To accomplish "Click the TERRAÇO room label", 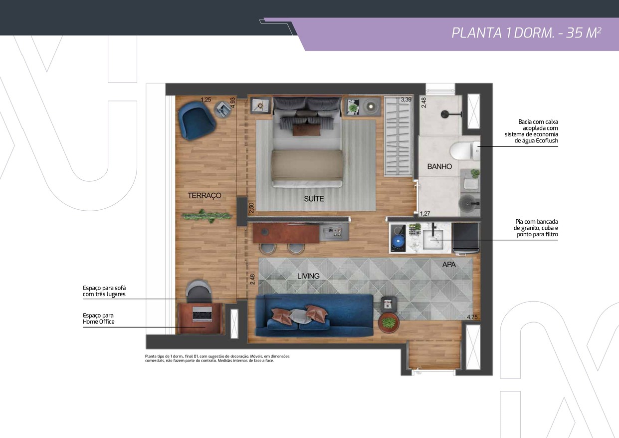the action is pyautogui.click(x=205, y=196).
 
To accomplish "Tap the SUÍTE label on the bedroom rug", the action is pyautogui.click(x=314, y=199).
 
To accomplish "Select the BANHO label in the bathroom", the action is pyautogui.click(x=439, y=167).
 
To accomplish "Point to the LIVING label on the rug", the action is pyautogui.click(x=308, y=276).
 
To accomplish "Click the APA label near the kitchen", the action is pyautogui.click(x=449, y=265).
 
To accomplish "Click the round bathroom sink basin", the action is pyautogui.click(x=468, y=203).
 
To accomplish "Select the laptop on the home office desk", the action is pyautogui.click(x=203, y=314).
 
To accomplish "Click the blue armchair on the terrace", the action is pyautogui.click(x=197, y=120).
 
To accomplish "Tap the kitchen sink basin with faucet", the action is pyautogui.click(x=433, y=239).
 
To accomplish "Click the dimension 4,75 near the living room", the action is pyautogui.click(x=472, y=317).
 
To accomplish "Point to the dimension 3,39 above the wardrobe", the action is pyautogui.click(x=406, y=99).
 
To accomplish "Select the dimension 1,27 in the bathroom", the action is pyautogui.click(x=425, y=213).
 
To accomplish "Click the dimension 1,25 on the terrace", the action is pyautogui.click(x=206, y=99).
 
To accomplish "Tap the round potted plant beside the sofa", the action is pyautogui.click(x=388, y=323).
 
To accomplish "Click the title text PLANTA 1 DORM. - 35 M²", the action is pyautogui.click(x=526, y=33).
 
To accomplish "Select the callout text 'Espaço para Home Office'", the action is pyautogui.click(x=99, y=319).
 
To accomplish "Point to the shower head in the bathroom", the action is pyautogui.click(x=445, y=114).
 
